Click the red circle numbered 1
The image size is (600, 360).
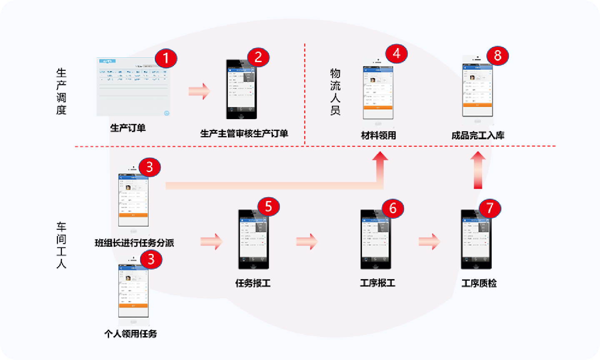click(166, 58)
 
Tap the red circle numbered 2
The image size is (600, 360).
click(258, 57)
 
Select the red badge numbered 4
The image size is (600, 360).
click(396, 53)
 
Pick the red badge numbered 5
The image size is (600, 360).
click(268, 206)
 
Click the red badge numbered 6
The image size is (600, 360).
click(392, 207)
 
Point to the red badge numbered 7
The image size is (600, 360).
click(490, 208)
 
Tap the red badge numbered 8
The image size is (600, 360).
click(497, 55)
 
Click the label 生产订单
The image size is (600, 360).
click(128, 128)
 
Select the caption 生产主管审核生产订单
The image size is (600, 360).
click(244, 134)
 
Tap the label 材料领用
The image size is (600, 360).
click(378, 135)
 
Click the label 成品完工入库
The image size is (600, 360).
click(478, 135)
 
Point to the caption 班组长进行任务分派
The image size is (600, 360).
click(134, 243)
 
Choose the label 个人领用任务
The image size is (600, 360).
click(131, 334)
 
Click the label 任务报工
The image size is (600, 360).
click(253, 283)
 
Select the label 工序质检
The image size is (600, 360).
click(479, 283)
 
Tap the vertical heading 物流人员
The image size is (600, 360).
click(335, 92)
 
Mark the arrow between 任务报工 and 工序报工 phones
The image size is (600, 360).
click(307, 241)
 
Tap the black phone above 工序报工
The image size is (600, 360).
click(375, 240)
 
